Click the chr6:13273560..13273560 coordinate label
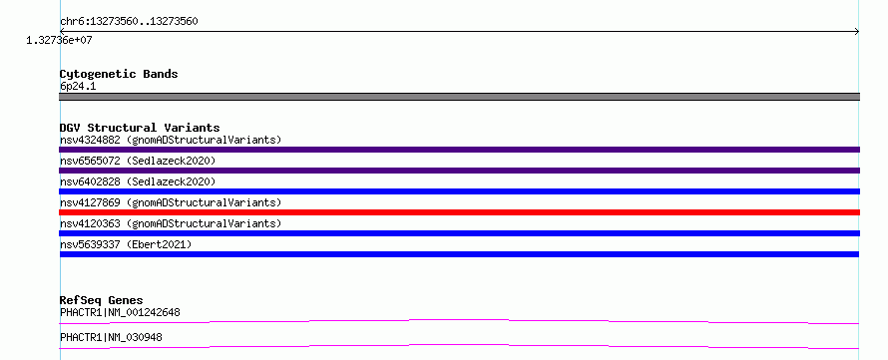(x=129, y=22)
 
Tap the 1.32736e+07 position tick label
(x=59, y=41)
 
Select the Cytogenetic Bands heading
(x=119, y=74)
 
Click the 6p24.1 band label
(x=78, y=86)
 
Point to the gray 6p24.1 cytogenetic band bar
(x=459, y=97)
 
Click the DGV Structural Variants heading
(x=140, y=128)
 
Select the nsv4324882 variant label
(x=171, y=140)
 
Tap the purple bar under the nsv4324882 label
(x=459, y=150)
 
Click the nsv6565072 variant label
(x=138, y=161)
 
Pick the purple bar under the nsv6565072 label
(x=459, y=171)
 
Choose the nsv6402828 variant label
(x=138, y=181)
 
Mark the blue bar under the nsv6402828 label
(x=459, y=191)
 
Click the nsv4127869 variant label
(x=171, y=202)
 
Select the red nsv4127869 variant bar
(x=459, y=212)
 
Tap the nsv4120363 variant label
(x=171, y=223)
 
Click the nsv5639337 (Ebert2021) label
(x=126, y=244)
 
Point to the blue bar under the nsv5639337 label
(x=459, y=254)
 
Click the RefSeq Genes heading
(x=102, y=300)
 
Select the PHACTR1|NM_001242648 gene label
(x=120, y=312)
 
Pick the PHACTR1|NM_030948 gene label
(x=111, y=337)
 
